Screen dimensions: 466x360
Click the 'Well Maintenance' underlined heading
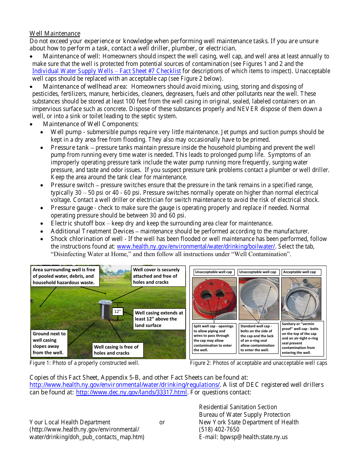pyautogui.click(x=55, y=33)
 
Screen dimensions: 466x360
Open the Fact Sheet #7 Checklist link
pyautogui.click(x=106, y=71)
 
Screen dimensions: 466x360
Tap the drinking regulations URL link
pyautogui.click(x=124, y=385)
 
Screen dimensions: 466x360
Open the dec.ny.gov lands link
pyautogui.click(x=131, y=393)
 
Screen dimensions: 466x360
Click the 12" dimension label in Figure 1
pyautogui.click(x=118, y=312)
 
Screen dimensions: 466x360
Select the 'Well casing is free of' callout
pyautogui.click(x=118, y=350)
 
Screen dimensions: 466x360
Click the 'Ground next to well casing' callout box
pyautogui.click(x=49, y=343)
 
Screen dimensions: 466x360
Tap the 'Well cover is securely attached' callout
pyautogui.click(x=158, y=276)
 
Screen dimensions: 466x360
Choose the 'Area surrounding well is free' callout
pyautogui.click(x=65, y=276)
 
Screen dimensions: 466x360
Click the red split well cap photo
pyautogui.click(x=214, y=299)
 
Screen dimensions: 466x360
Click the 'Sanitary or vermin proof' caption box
pyautogui.click(x=302, y=338)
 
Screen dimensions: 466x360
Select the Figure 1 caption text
pyautogui.click(x=85, y=363)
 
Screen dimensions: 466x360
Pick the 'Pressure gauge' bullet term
pyautogui.click(x=72, y=208)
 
